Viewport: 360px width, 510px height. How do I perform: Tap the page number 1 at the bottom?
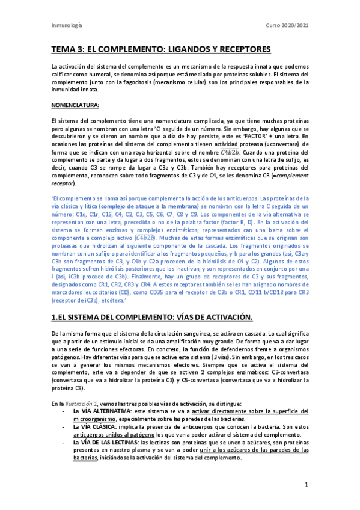305,484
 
